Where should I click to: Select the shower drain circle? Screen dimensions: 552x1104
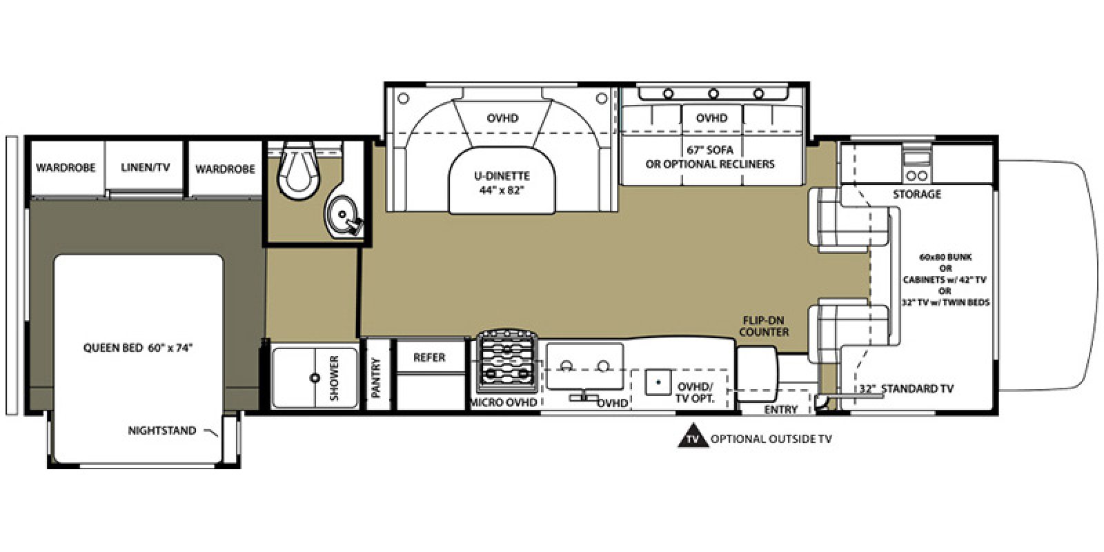[x=315, y=378]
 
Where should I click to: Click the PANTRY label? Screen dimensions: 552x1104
[x=376, y=377]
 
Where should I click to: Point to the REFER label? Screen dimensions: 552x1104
[x=429, y=357]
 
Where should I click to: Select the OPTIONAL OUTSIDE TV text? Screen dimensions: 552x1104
[x=771, y=439]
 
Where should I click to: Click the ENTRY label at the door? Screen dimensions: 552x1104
[x=781, y=409]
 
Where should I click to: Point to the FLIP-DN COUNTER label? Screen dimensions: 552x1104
[x=765, y=326]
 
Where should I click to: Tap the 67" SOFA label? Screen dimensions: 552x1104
[x=709, y=150]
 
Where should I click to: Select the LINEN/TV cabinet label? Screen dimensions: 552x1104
[x=145, y=167]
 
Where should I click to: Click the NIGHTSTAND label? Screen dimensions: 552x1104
[x=161, y=431]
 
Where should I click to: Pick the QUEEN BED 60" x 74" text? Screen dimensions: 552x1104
[x=137, y=348]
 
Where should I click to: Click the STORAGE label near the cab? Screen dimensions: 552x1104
[x=916, y=195]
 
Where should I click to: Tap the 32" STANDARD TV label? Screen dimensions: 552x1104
[x=906, y=388]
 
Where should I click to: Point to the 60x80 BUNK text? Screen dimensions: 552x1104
[x=945, y=257]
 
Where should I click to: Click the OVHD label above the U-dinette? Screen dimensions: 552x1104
[x=502, y=119]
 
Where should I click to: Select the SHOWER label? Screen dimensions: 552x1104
[x=335, y=378]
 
